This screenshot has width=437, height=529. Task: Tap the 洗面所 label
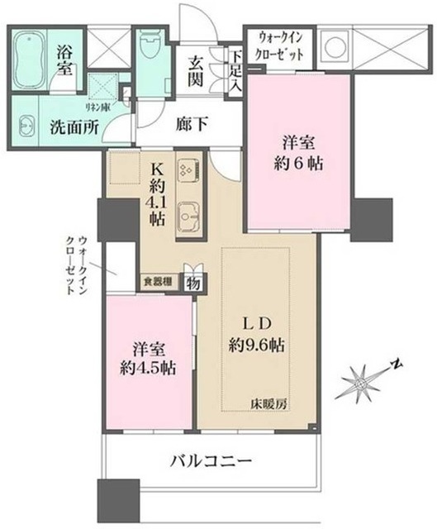(x=69, y=127)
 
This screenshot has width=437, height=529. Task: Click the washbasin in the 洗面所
(x=26, y=127)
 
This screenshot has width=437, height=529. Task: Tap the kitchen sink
(x=190, y=217)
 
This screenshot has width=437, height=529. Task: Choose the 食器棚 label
(x=158, y=281)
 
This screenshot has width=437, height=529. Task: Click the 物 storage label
(x=192, y=282)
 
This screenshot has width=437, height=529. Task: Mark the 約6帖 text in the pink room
(x=301, y=164)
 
